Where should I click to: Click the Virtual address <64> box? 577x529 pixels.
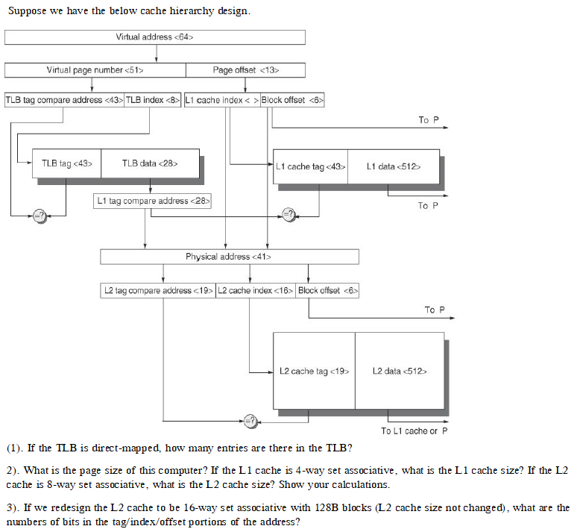(x=155, y=37)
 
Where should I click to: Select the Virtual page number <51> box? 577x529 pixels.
(x=95, y=70)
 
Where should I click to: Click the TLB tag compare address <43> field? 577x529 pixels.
(x=64, y=100)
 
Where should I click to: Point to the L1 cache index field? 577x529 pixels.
(x=221, y=100)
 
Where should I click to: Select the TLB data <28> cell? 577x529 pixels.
(x=150, y=163)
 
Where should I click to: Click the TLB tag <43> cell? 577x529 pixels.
(x=66, y=163)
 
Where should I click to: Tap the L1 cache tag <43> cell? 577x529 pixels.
(x=310, y=166)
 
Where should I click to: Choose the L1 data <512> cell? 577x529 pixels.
(x=393, y=166)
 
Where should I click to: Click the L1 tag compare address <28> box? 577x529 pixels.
(x=153, y=201)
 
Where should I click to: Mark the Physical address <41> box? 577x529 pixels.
(x=229, y=257)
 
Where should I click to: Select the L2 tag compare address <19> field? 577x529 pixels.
(x=158, y=290)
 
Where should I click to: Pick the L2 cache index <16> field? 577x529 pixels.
(x=256, y=290)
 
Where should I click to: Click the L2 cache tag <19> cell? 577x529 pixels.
(x=314, y=371)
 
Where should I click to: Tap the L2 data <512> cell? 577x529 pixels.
(x=400, y=371)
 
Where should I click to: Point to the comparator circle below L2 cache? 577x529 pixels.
(x=250, y=421)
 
